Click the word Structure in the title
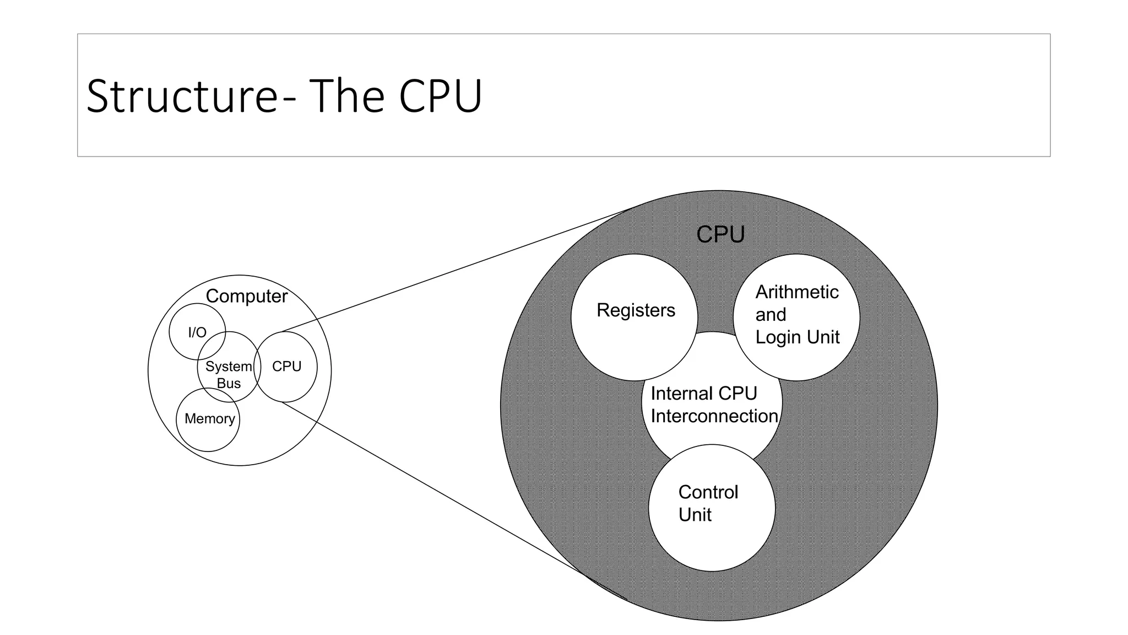click(x=182, y=96)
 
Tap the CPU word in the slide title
click(x=441, y=96)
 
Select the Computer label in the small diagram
click(x=246, y=297)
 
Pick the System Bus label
click(x=229, y=375)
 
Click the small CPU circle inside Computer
click(x=287, y=367)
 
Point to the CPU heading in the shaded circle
click(x=720, y=235)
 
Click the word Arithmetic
click(x=796, y=292)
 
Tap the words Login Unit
click(x=797, y=337)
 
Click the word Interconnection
click(x=714, y=416)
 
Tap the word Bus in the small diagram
click(x=229, y=384)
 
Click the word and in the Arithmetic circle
click(x=770, y=315)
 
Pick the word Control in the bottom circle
click(x=708, y=492)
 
